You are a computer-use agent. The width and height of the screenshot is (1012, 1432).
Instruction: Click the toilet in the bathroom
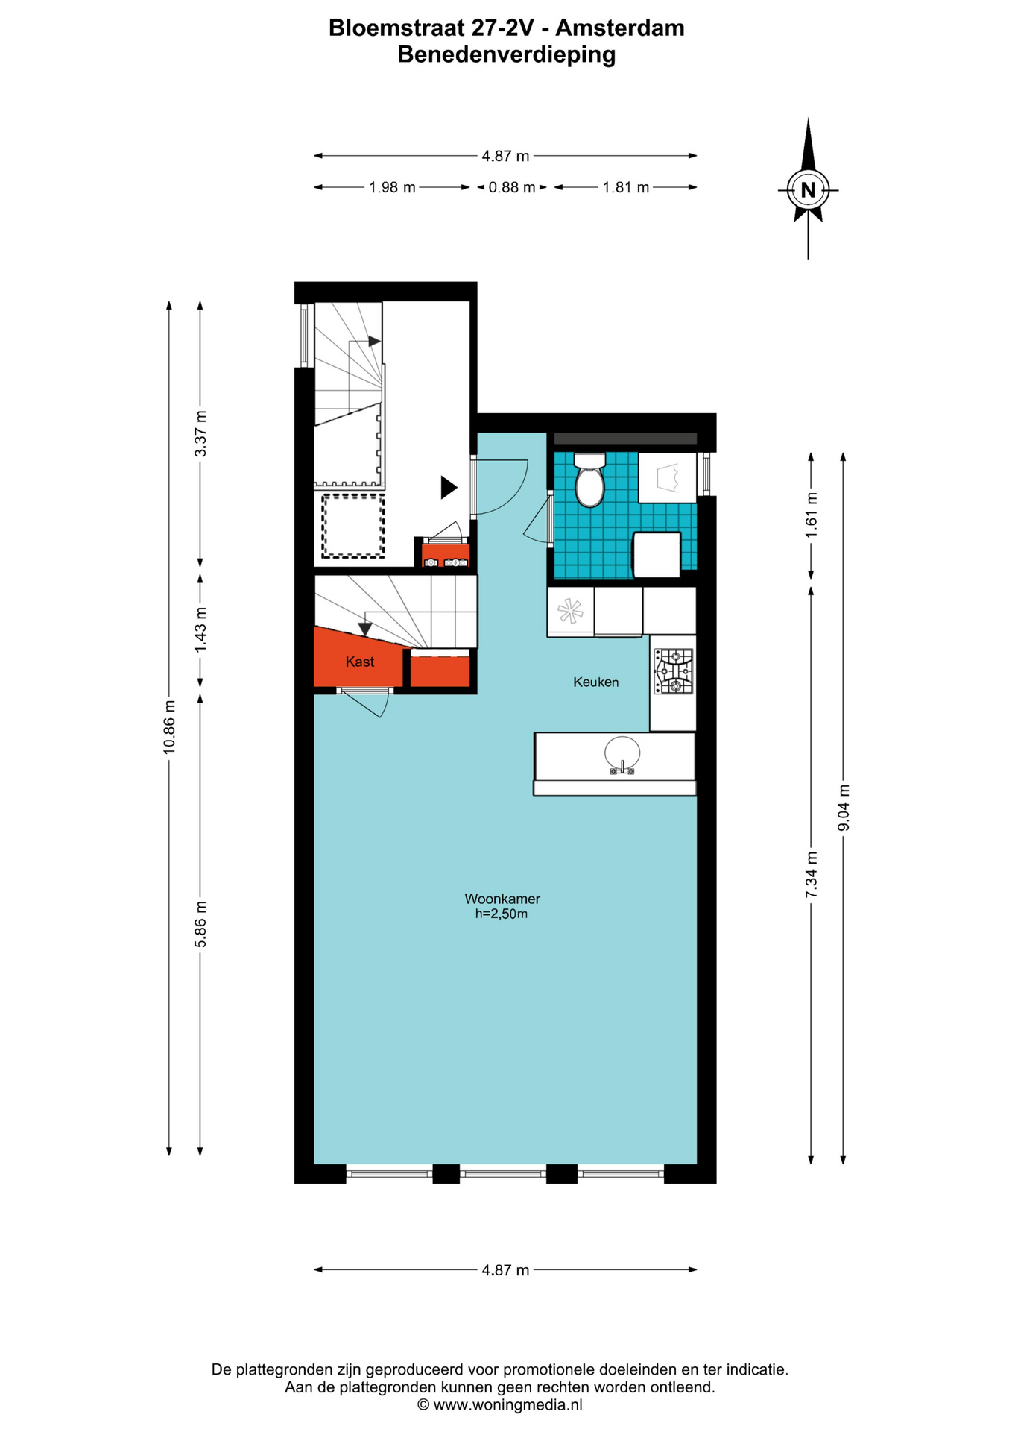(589, 479)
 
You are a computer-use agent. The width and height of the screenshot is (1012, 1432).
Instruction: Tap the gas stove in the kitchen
(674, 671)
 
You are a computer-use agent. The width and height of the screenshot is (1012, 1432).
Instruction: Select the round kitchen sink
(622, 755)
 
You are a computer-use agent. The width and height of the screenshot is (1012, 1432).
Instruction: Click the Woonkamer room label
(502, 899)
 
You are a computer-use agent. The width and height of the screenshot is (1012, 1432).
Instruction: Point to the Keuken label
(596, 682)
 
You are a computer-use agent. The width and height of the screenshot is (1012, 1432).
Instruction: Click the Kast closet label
(360, 662)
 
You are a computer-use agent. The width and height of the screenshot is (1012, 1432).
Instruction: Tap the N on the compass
(808, 189)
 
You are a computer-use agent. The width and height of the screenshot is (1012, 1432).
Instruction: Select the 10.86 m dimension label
(170, 726)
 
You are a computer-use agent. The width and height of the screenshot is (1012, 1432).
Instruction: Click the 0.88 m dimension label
(512, 187)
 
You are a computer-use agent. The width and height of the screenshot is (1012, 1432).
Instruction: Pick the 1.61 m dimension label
(812, 515)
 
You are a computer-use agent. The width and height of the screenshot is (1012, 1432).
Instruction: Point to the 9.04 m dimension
(844, 808)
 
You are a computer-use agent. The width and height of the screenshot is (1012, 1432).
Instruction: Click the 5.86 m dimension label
(200, 924)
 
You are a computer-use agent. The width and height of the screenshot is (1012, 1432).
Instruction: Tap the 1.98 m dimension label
(393, 187)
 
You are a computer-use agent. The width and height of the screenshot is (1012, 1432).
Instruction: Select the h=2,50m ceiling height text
(502, 914)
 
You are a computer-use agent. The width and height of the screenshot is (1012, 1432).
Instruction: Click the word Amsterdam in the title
(620, 28)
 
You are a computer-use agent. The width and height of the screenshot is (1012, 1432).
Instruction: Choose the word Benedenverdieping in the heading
(507, 54)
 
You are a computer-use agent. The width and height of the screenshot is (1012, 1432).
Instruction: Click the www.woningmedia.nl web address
(507, 1404)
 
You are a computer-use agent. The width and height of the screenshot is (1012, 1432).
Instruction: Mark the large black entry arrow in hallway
(449, 487)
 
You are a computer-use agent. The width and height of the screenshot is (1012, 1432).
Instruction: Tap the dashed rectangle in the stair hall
(353, 526)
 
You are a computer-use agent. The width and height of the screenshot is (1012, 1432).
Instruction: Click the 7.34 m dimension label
(812, 874)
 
